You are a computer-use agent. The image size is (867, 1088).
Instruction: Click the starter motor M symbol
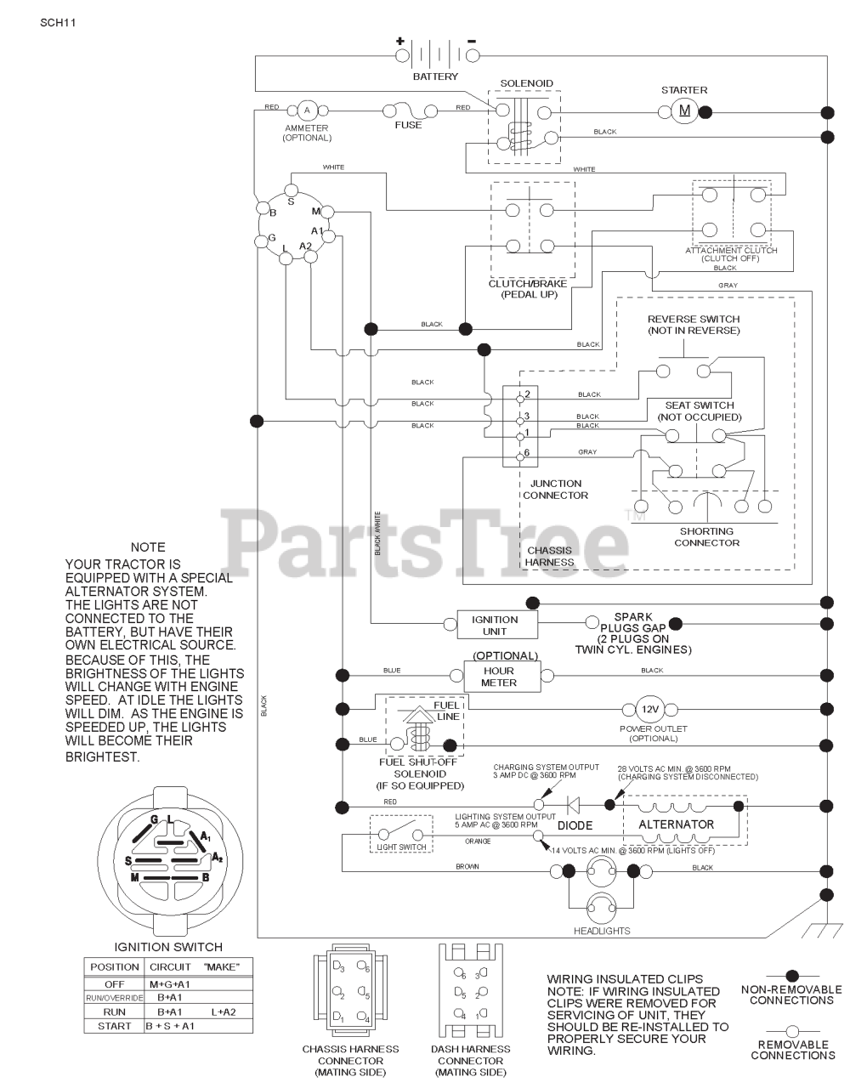(x=684, y=110)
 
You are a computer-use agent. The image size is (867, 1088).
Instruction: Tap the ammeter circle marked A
(x=306, y=110)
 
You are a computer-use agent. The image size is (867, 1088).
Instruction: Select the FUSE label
(x=408, y=125)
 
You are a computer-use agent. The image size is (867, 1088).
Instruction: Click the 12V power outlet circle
(x=649, y=709)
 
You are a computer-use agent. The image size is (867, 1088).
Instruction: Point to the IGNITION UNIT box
(x=497, y=625)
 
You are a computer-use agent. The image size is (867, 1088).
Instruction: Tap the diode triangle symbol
(x=573, y=805)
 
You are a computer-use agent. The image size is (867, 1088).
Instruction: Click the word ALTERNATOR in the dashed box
(x=676, y=824)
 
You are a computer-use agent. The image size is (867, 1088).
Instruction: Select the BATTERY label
(x=435, y=76)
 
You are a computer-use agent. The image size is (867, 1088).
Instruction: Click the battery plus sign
(x=400, y=41)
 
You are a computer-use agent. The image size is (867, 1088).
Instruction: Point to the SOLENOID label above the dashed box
(x=526, y=83)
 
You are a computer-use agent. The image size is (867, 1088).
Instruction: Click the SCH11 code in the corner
(x=58, y=23)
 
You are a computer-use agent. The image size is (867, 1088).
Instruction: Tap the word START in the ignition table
(x=114, y=1026)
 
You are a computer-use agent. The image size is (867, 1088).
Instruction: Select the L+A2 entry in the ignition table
(x=224, y=1011)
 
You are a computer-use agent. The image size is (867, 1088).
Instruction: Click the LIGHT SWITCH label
(x=401, y=847)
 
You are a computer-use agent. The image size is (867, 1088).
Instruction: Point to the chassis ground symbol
(x=822, y=930)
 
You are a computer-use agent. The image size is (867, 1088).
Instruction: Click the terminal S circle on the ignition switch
(x=292, y=190)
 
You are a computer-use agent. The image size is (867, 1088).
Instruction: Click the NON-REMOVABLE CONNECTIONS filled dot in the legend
(x=792, y=976)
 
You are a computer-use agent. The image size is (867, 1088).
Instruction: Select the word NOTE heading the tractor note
(x=148, y=547)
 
